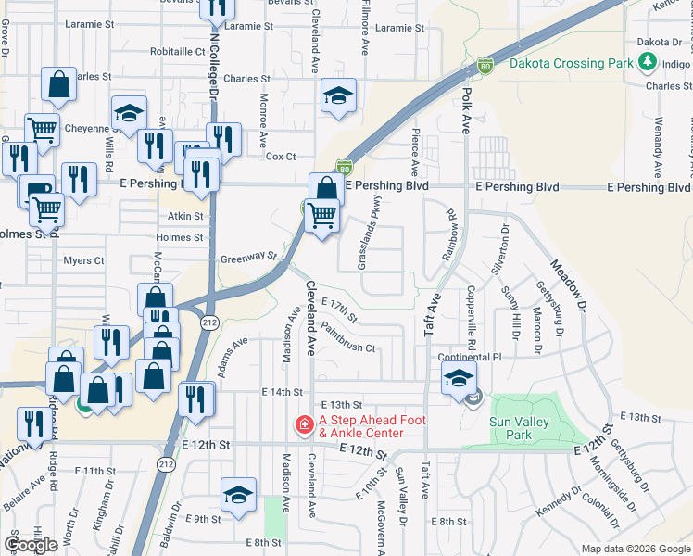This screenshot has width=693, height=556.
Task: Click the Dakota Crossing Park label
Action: pyautogui.click(x=571, y=64)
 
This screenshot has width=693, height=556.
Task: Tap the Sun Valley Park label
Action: pyautogui.click(x=510, y=428)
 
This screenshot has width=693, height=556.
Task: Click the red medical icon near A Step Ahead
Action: pyautogui.click(x=303, y=426)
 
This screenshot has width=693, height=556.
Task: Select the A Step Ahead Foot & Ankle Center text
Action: pyautogui.click(x=372, y=426)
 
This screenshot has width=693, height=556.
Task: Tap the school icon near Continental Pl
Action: pyautogui.click(x=459, y=378)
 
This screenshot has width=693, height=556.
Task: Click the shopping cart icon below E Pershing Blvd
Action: pyautogui.click(x=321, y=215)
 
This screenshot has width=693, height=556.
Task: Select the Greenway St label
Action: pyautogui.click(x=248, y=257)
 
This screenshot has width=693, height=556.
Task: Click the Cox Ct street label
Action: pyautogui.click(x=281, y=157)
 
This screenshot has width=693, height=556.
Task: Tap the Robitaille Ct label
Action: pyautogui.click(x=176, y=52)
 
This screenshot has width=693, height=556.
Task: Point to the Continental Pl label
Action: pyautogui.click(x=470, y=357)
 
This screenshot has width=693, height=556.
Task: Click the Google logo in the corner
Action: pyautogui.click(x=31, y=545)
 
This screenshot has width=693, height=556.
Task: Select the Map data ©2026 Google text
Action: pyautogui.click(x=636, y=549)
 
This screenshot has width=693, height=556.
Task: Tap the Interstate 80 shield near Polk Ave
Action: pyautogui.click(x=485, y=65)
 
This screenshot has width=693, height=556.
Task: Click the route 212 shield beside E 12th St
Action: pyautogui.click(x=167, y=463)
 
